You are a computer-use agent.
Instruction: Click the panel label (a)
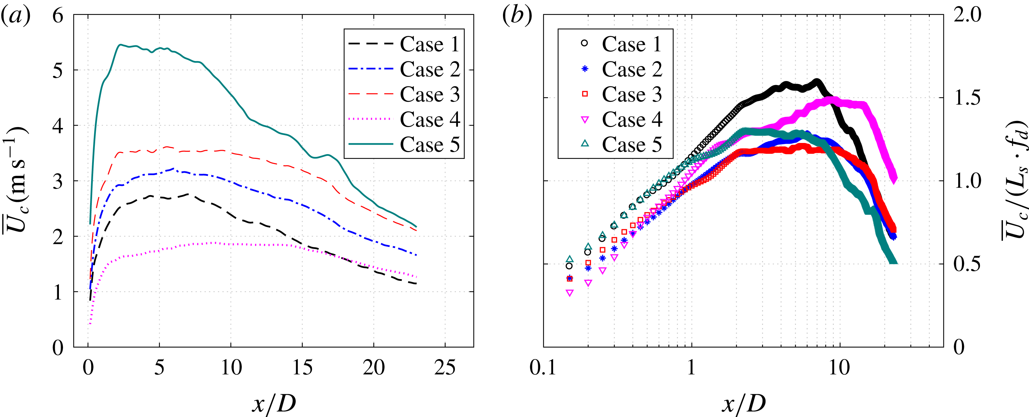click(15, 17)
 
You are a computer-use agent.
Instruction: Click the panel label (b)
click(517, 17)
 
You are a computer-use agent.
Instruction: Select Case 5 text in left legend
click(430, 144)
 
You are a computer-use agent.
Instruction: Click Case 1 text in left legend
click(430, 44)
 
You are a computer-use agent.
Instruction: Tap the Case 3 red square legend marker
click(585, 94)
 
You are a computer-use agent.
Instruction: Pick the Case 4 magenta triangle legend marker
click(585, 120)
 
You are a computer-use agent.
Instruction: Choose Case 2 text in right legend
click(632, 69)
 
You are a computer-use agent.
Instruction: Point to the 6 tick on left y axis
click(58, 16)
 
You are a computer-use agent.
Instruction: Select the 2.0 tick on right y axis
click(967, 15)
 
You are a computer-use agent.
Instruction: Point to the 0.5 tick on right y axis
click(967, 264)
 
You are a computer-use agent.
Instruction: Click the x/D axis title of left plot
click(274, 403)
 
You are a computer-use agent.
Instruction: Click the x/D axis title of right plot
click(743, 403)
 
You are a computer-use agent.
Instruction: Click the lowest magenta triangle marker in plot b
click(570, 293)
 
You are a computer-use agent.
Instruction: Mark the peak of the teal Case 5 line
click(120, 45)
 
